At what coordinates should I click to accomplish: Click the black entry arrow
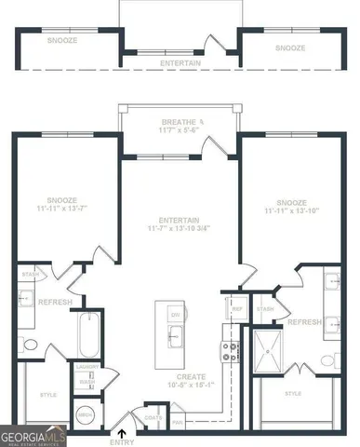click(122, 433)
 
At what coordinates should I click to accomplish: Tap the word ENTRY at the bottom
click(122, 442)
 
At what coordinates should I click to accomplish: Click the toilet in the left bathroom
click(30, 345)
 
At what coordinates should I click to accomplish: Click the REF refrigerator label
click(236, 308)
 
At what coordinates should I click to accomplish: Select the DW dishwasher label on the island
click(174, 315)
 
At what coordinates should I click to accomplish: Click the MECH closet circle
click(86, 413)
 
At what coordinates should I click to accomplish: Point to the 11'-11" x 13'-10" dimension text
click(292, 211)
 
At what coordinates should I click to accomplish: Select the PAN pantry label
click(178, 422)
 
